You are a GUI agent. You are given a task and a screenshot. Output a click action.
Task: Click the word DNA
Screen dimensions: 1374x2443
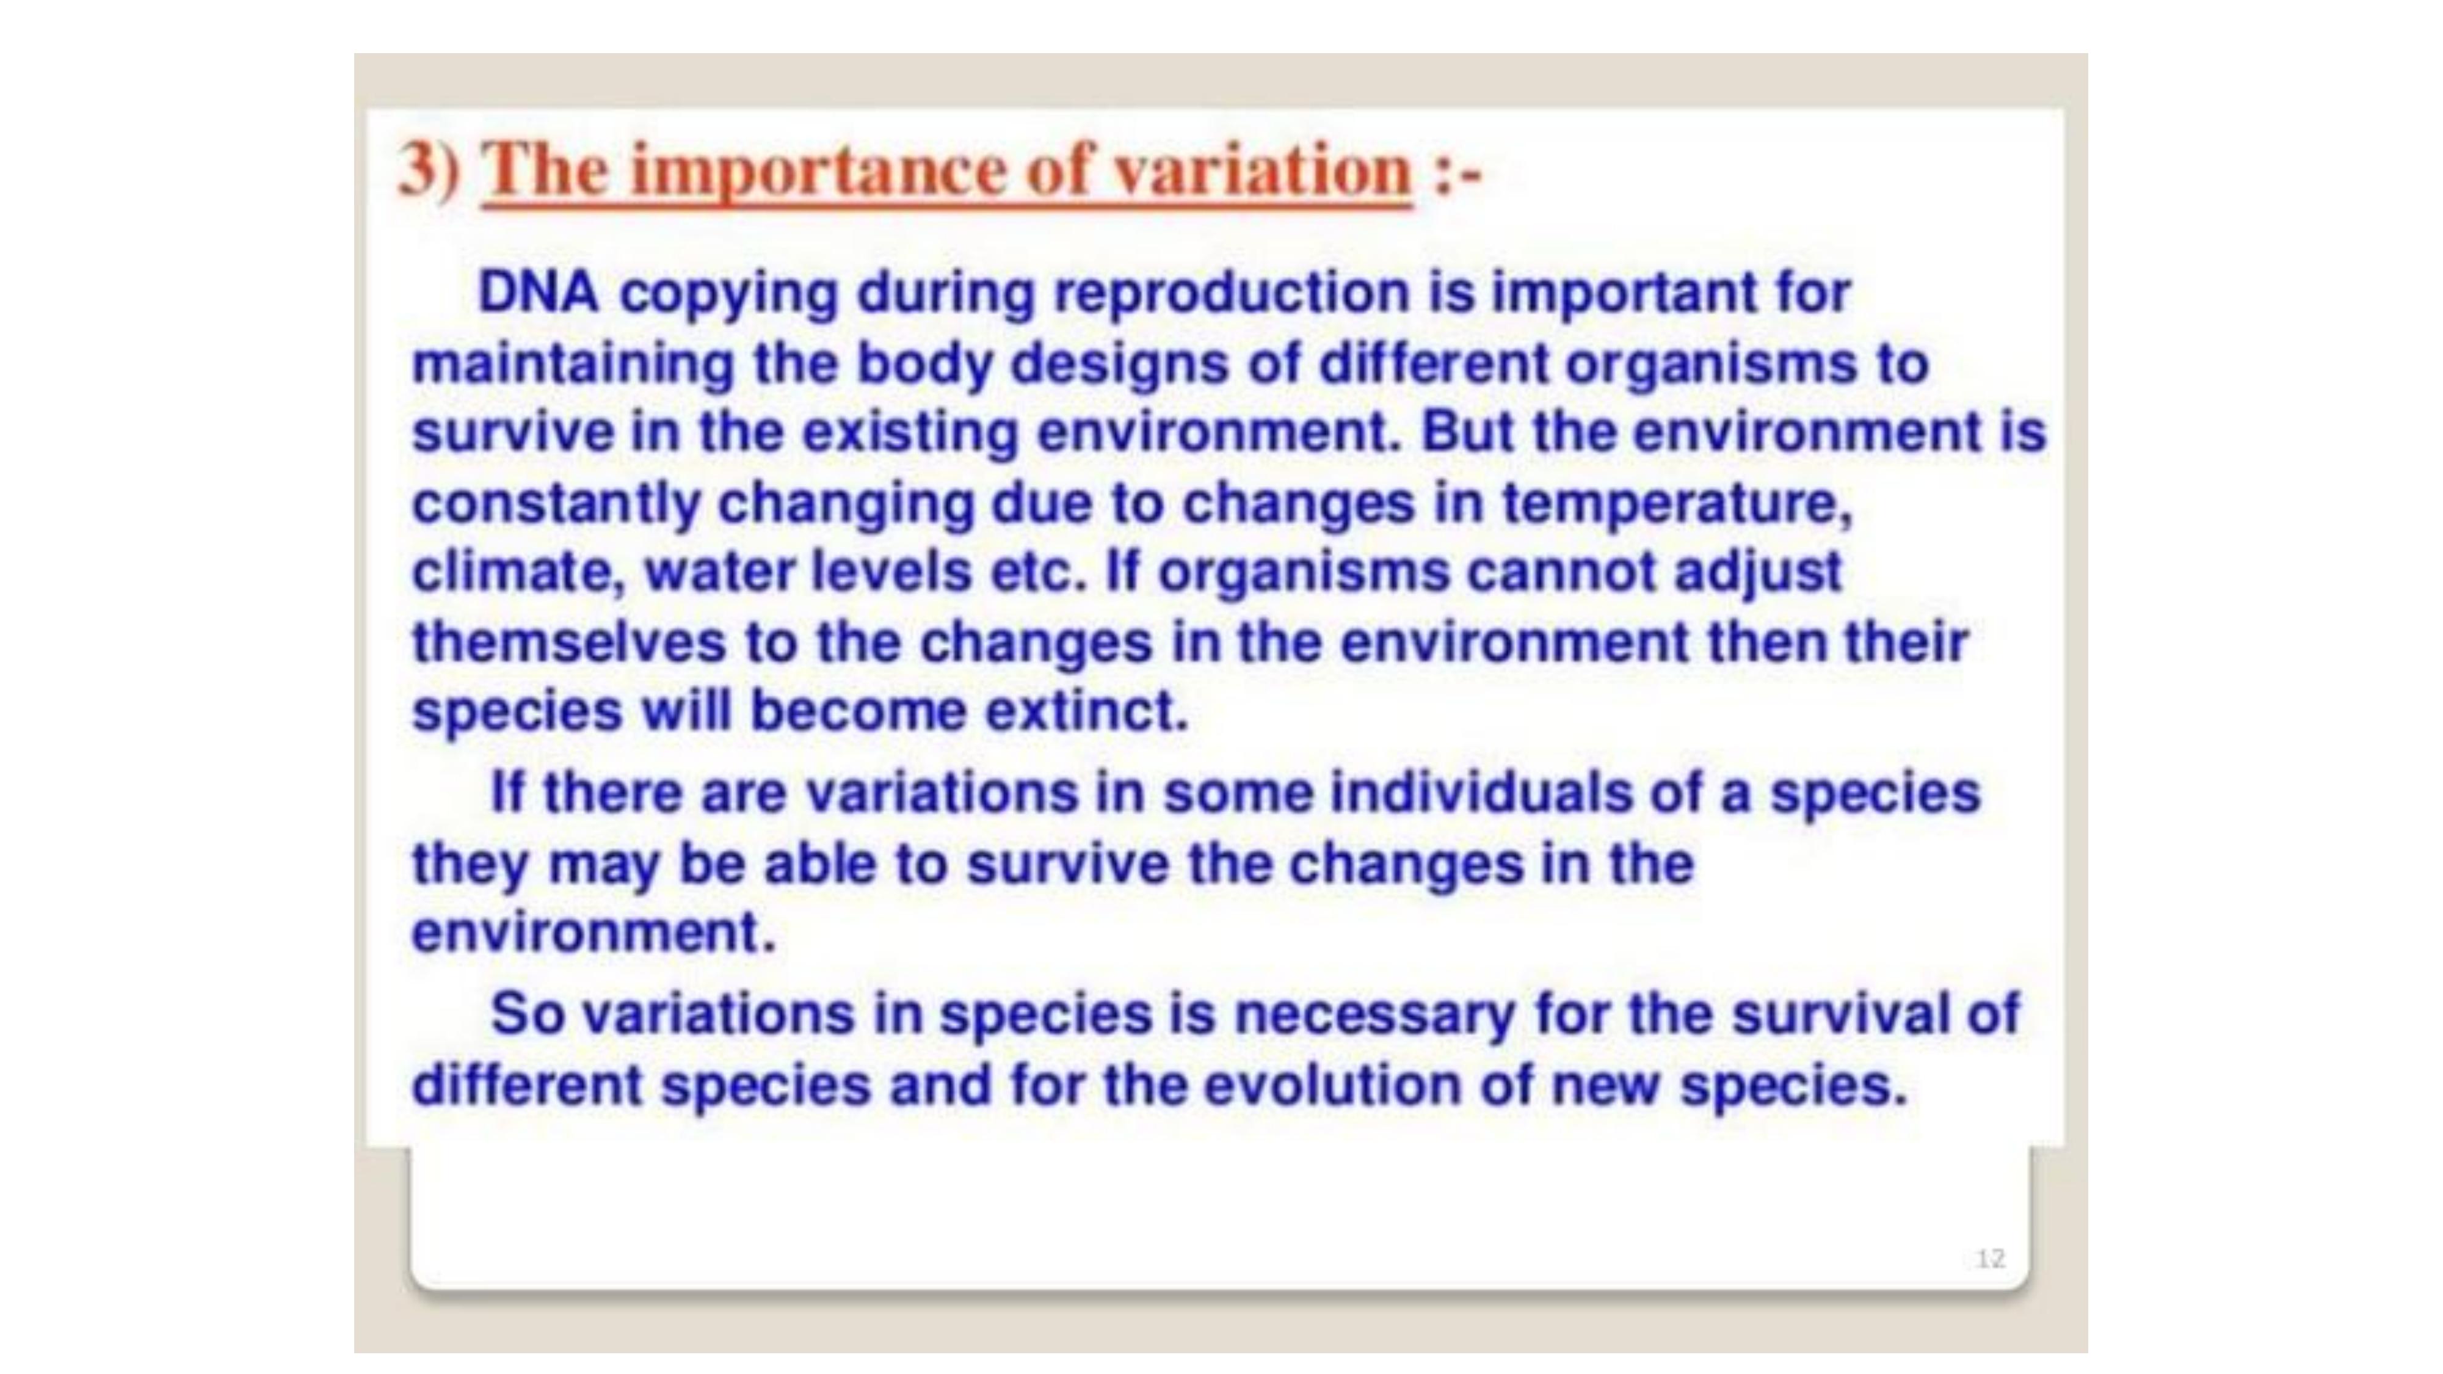(538, 291)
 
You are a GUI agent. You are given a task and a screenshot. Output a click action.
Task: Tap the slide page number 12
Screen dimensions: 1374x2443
(1990, 1259)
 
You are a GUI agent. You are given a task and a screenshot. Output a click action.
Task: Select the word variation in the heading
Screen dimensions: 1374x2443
(1262, 171)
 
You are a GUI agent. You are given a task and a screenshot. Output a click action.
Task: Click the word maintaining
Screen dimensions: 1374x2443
(573, 363)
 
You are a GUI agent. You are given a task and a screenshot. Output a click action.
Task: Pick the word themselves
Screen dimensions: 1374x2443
(569, 642)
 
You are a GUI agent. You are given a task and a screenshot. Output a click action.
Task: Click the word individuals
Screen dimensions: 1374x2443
(1481, 792)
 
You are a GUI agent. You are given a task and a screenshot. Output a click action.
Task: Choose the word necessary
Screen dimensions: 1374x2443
(1374, 1014)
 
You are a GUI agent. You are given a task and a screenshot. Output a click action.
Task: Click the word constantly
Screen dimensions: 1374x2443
(556, 504)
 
